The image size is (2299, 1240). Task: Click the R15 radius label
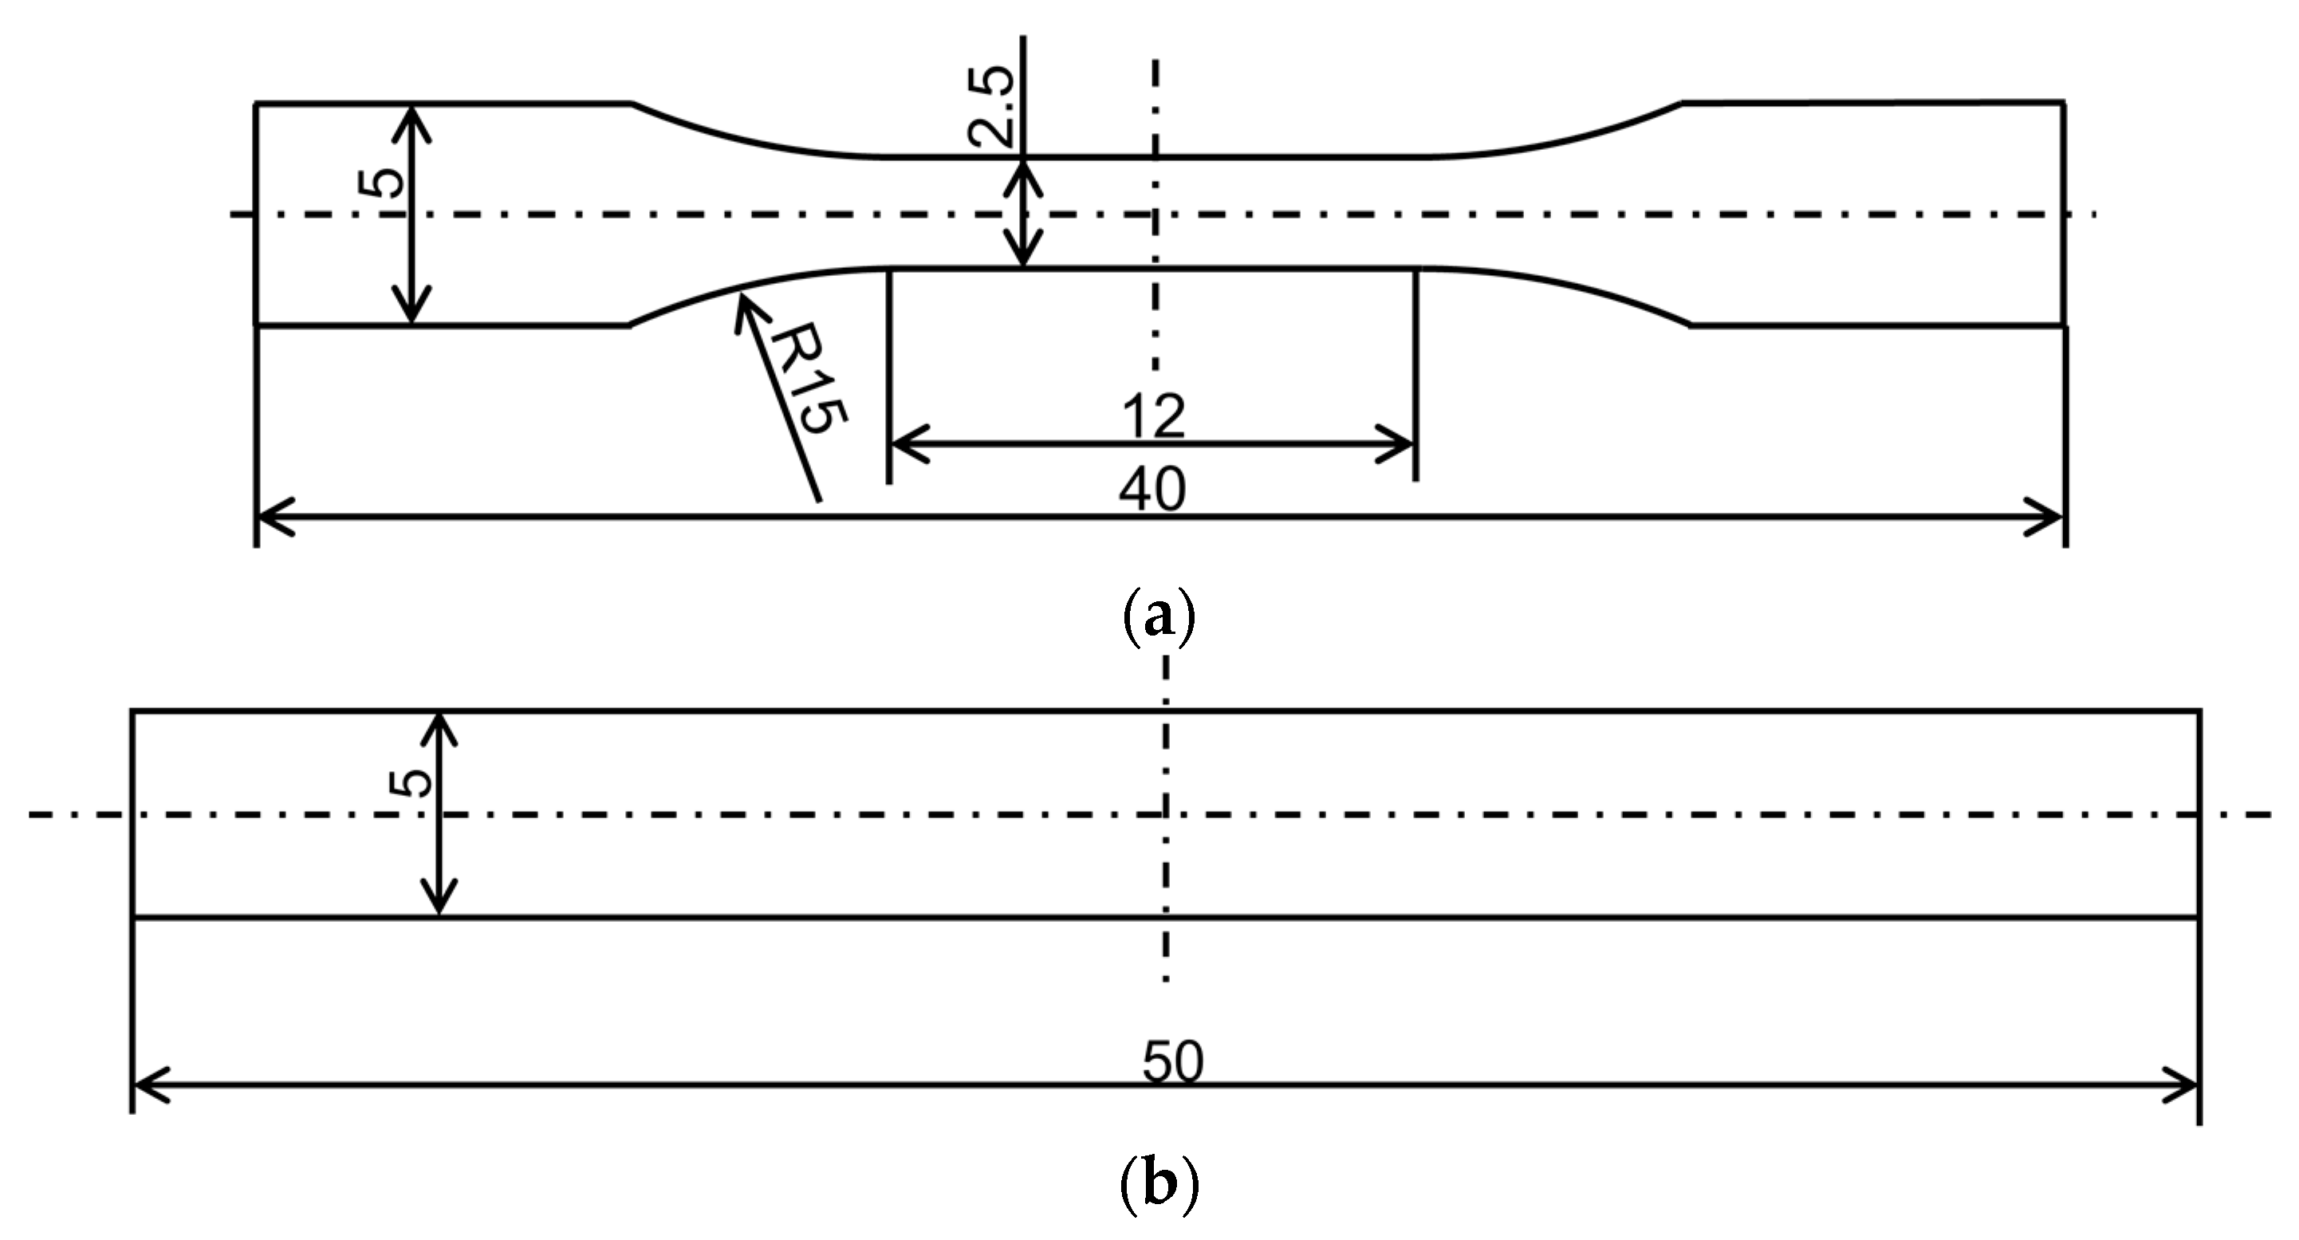808,379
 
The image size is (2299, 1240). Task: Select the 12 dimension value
1153,416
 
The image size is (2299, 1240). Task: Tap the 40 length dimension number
1152,488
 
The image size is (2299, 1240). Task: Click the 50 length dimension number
1174,1062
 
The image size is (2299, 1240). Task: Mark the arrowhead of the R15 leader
742,304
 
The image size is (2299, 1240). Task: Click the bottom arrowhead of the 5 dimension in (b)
439,907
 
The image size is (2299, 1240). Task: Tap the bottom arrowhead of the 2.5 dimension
1024,259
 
